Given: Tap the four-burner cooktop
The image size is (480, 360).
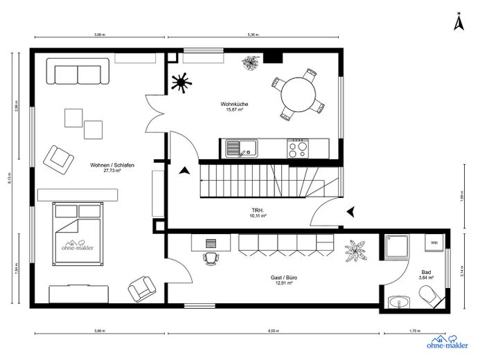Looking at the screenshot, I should click(x=298, y=147).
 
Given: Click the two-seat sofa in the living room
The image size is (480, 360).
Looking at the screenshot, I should click(x=78, y=71).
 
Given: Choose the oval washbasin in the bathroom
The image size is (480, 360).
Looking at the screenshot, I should click(x=397, y=301).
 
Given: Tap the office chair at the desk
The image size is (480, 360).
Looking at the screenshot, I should click(x=211, y=258).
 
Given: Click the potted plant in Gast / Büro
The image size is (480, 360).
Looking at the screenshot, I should click(x=358, y=250).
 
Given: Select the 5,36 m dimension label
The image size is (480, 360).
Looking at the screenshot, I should click(x=254, y=33).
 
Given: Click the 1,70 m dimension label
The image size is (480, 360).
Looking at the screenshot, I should click(x=416, y=331).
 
